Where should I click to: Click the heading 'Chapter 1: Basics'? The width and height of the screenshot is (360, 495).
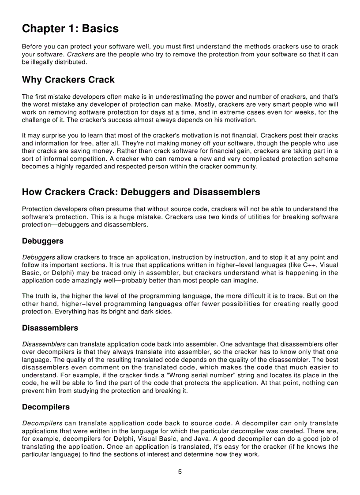point(70,29)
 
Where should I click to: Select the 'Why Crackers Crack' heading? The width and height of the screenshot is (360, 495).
point(68,80)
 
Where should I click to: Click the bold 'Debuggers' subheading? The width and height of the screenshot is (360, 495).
point(42,241)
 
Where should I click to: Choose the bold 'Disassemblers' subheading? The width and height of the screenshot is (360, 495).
point(50,328)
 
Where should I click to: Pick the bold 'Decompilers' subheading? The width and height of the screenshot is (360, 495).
point(45,407)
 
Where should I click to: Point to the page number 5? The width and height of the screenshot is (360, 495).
point(180,472)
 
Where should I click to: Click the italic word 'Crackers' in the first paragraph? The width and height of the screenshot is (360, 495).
point(79,54)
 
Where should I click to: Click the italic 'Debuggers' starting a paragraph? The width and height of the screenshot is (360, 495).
point(38,257)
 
